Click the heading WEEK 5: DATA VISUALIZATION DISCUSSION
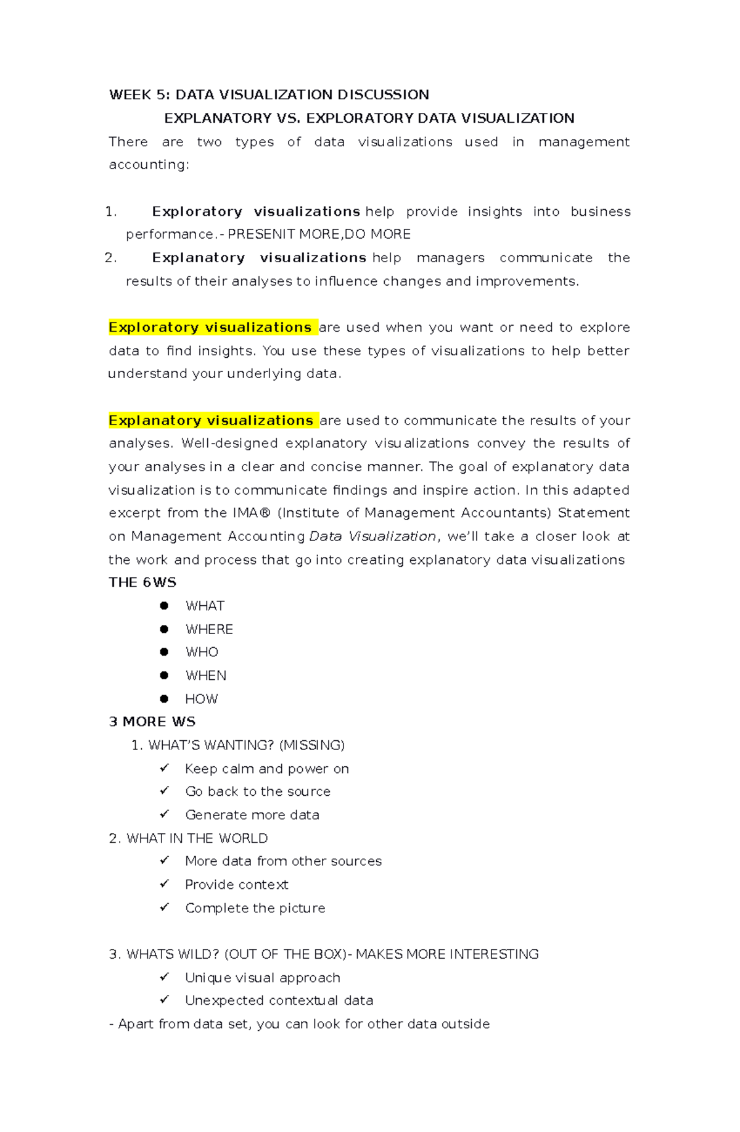tap(269, 94)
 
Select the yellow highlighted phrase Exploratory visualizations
tap(210, 327)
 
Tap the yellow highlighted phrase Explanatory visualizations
tap(211, 420)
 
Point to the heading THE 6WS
tap(142, 582)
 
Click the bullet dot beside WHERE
tap(164, 629)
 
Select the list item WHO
tap(202, 652)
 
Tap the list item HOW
tap(201, 699)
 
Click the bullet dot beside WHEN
tap(164, 675)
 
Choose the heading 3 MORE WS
tap(152, 722)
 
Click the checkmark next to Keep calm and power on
tap(165, 768)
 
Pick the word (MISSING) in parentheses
tap(311, 745)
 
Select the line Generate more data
tap(252, 815)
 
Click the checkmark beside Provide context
tap(165, 884)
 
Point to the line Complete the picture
tap(255, 908)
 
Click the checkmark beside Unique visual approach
tap(165, 977)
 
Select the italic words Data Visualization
tap(372, 536)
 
